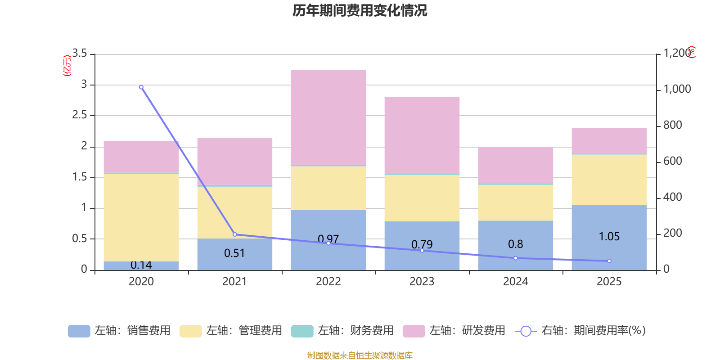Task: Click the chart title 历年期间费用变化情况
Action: coord(360,10)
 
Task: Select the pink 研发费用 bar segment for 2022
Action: coord(328,117)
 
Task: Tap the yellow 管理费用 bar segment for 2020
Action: coord(141,217)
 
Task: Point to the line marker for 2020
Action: coord(141,87)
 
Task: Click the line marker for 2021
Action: coord(235,234)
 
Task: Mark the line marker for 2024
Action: coord(516,258)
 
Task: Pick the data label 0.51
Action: coord(234,253)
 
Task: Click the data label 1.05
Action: coord(609,237)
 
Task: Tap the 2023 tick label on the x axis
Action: coord(422,282)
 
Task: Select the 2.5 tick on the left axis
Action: coord(80,115)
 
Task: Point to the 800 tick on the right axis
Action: coord(672,125)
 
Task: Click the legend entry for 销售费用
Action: coord(120,331)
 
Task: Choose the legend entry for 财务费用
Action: coord(343,331)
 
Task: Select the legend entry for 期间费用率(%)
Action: coord(580,331)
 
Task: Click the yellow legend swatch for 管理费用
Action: coord(190,331)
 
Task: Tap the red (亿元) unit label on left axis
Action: coord(67,66)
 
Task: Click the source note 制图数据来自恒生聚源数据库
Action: coord(360,355)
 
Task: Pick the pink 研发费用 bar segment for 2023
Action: coord(422,135)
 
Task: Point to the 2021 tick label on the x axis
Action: coord(234,282)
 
